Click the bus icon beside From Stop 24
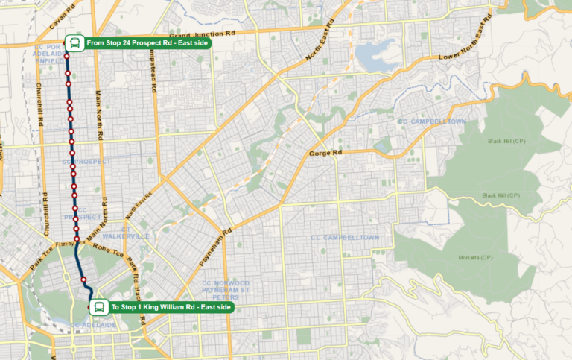[x=74, y=42]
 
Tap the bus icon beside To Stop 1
[x=98, y=306]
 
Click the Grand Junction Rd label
[x=203, y=35]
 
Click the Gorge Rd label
[x=325, y=153]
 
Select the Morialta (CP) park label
[x=476, y=257]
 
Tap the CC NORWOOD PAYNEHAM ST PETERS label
[x=226, y=291]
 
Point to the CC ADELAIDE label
[x=93, y=326]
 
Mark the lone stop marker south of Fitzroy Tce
[x=84, y=279]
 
